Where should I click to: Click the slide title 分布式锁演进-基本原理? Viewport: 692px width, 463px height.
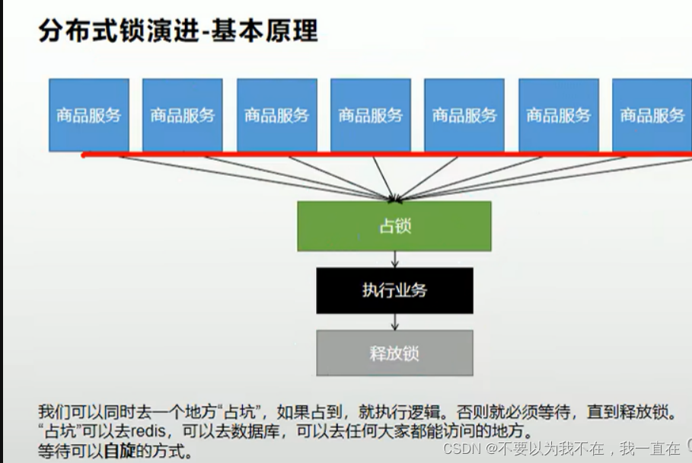[x=178, y=31]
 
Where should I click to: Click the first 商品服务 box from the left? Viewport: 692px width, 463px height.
[x=89, y=115]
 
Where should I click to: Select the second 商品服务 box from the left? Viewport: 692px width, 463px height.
[x=183, y=115]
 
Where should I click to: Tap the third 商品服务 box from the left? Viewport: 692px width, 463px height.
[x=277, y=115]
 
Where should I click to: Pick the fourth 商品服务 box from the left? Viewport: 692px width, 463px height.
[x=371, y=115]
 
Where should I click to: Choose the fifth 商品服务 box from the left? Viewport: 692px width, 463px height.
[x=464, y=115]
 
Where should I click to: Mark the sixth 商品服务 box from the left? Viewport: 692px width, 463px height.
[x=559, y=115]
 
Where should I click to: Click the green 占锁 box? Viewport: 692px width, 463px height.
[x=394, y=226]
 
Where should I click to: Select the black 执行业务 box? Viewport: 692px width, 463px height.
[x=394, y=290]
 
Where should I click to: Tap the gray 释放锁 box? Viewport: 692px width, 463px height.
[x=394, y=353]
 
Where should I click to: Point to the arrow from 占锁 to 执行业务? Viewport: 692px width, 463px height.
[x=394, y=259]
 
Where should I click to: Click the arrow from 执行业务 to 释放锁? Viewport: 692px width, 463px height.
[x=394, y=322]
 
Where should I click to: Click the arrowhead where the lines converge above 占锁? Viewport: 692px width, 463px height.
[x=394, y=200]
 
